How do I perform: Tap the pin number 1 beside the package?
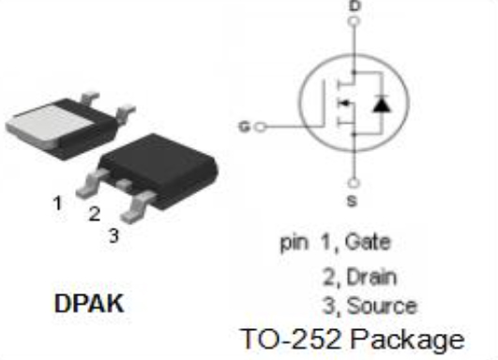pyautogui.click(x=58, y=202)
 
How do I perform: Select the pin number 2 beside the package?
pyautogui.click(x=95, y=214)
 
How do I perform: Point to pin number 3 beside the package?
pyautogui.click(x=113, y=235)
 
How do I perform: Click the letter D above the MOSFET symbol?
pyautogui.click(x=355, y=6)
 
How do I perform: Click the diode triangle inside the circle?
pyautogui.click(x=380, y=104)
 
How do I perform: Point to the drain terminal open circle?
pyautogui.click(x=355, y=21)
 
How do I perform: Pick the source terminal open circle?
pyautogui.click(x=355, y=183)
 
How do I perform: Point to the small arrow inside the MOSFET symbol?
pyautogui.click(x=344, y=104)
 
